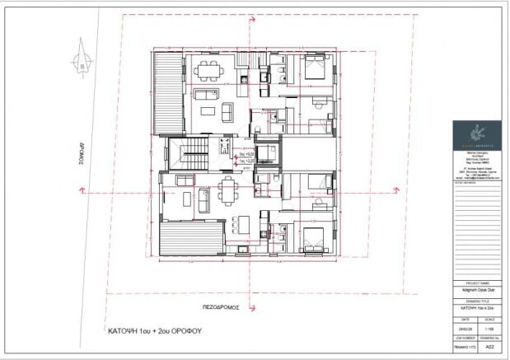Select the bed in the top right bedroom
[x=314, y=68]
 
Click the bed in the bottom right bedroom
[x=312, y=238]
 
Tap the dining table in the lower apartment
[x=227, y=190]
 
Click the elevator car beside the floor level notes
[x=267, y=154]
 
